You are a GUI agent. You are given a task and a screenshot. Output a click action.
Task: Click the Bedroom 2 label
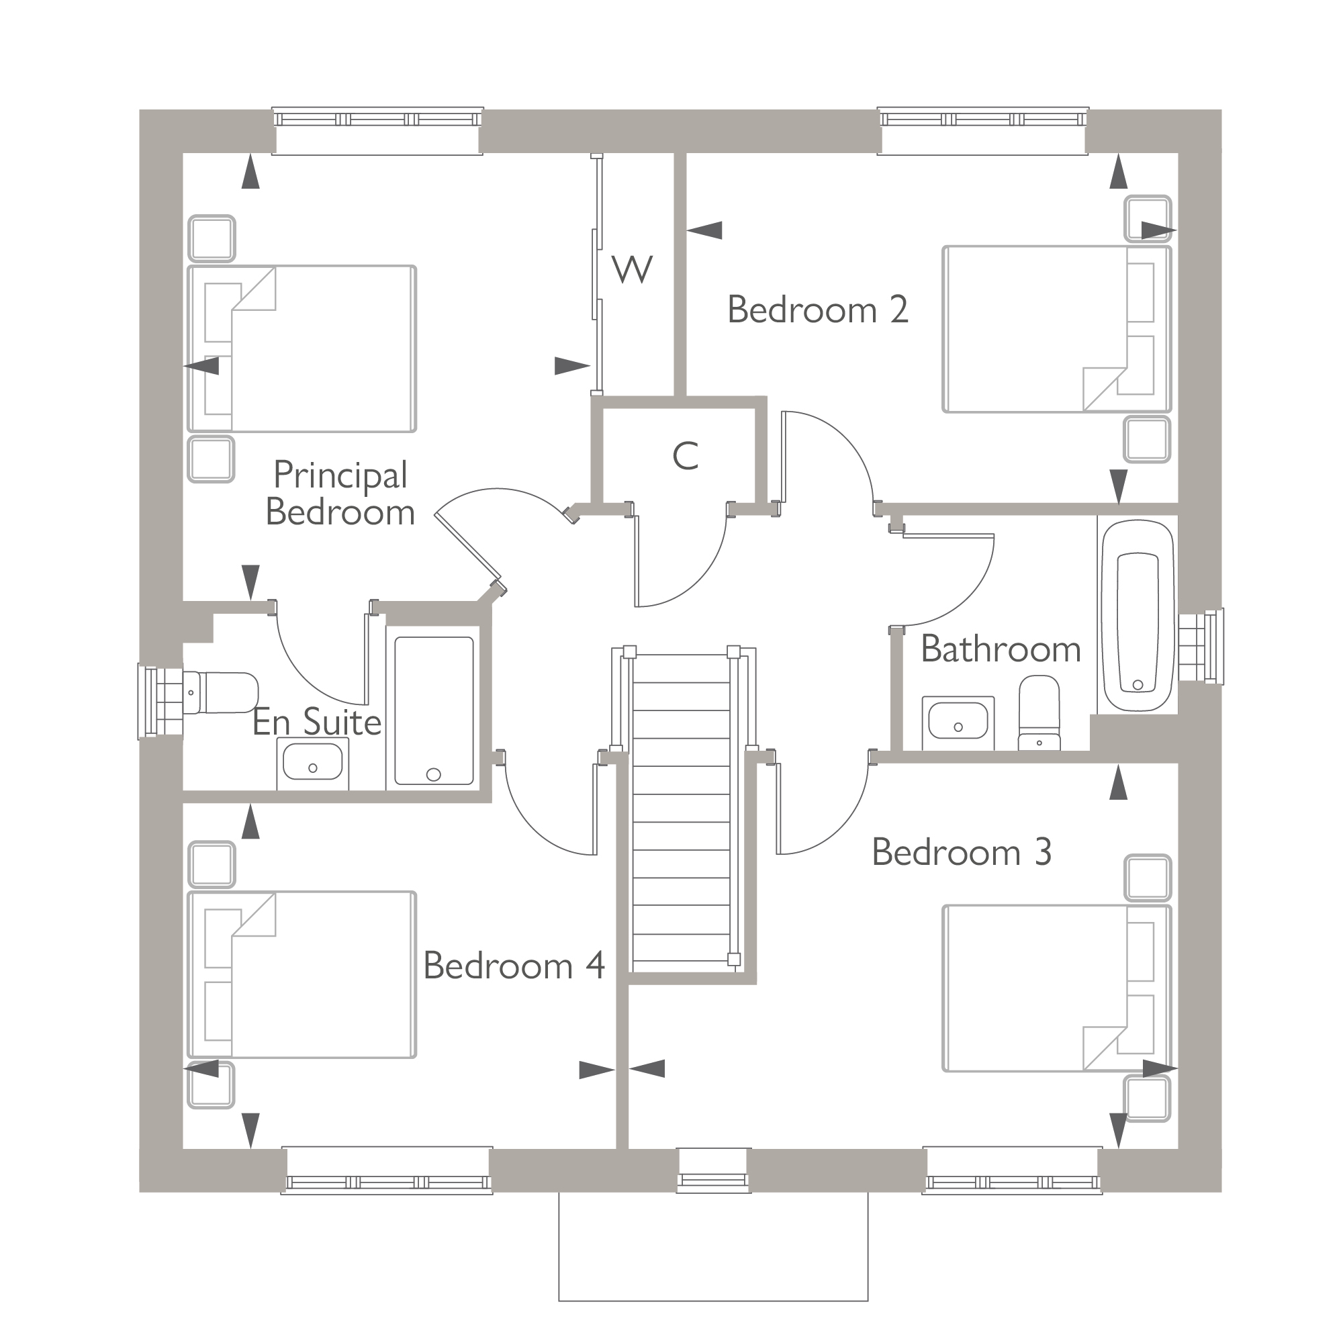point(817,310)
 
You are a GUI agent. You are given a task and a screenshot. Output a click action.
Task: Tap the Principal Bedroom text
point(340,494)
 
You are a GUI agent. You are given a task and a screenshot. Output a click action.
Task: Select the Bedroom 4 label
point(514,966)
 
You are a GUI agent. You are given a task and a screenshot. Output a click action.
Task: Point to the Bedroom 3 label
point(962,852)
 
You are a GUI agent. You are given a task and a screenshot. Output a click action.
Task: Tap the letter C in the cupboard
point(685,457)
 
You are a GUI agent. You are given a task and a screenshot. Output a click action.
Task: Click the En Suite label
point(316,723)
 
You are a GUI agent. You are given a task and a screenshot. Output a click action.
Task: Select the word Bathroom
point(1001,649)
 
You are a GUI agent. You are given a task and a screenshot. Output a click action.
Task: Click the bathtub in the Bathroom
point(1138,614)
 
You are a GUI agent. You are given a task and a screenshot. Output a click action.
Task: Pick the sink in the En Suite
point(313,763)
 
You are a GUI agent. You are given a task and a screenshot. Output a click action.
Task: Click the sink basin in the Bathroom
point(958,721)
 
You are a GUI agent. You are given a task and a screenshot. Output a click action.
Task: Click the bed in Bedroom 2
point(1043,329)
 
